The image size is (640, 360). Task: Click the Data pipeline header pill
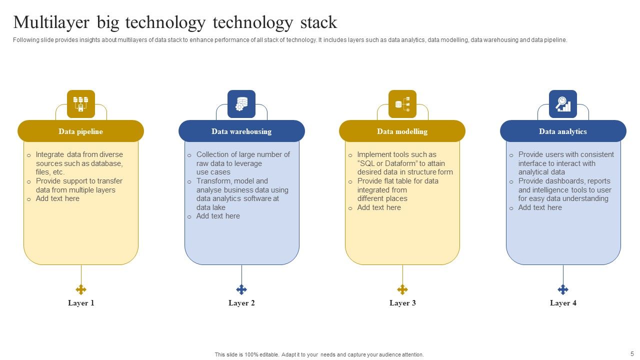click(80, 131)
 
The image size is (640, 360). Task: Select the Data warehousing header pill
click(241, 131)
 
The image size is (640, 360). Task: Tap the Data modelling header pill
click(402, 131)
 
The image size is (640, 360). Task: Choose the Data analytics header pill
click(563, 131)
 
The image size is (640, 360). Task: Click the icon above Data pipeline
click(81, 104)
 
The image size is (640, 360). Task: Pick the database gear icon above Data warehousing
click(241, 104)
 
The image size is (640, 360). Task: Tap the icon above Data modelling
click(402, 104)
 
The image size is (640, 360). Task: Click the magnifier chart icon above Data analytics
click(563, 104)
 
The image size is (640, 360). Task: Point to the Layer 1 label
click(81, 303)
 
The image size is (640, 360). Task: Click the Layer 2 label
click(241, 303)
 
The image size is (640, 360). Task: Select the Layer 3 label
click(402, 303)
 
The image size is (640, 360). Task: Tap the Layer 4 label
click(563, 303)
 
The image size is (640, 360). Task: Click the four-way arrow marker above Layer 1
click(81, 289)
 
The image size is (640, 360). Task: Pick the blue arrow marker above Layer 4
click(563, 289)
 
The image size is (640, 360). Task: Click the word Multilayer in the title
click(51, 23)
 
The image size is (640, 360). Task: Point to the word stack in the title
click(318, 23)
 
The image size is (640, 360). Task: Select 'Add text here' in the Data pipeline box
click(57, 198)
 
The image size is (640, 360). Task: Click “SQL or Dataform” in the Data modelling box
click(387, 163)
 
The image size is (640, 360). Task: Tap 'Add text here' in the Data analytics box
click(540, 207)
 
